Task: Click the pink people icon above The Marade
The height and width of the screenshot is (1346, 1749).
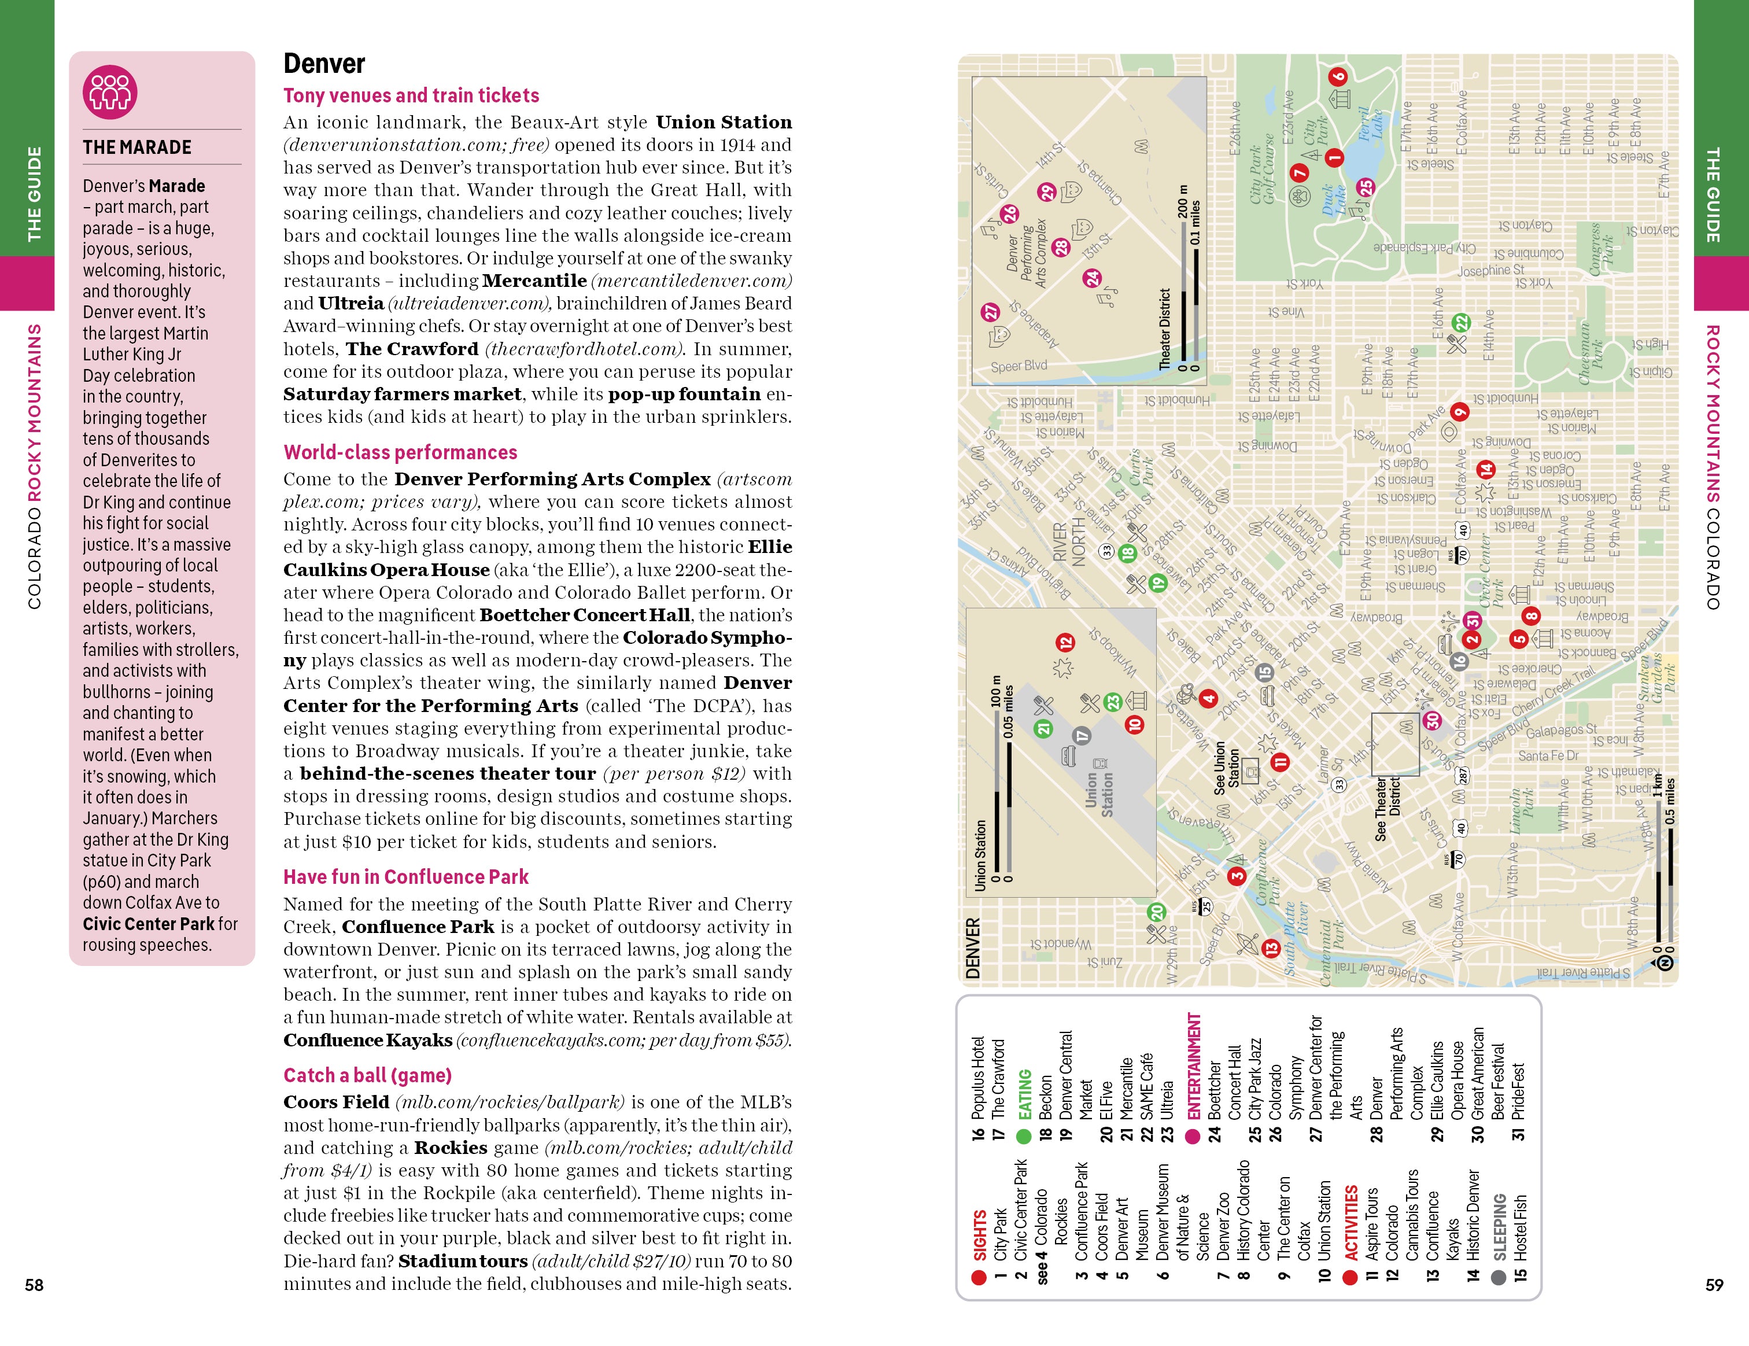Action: pyautogui.click(x=110, y=92)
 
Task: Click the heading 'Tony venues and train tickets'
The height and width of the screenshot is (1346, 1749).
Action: pyautogui.click(x=411, y=96)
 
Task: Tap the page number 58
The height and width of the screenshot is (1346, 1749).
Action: pyautogui.click(x=35, y=1284)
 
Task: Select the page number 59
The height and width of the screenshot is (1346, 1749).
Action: pyautogui.click(x=1714, y=1284)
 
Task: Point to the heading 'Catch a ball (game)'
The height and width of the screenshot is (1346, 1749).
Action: pyautogui.click(x=368, y=1075)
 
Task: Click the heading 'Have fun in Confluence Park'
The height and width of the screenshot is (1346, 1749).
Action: pyautogui.click(x=405, y=877)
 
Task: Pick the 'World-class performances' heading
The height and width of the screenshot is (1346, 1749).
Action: pyautogui.click(x=400, y=452)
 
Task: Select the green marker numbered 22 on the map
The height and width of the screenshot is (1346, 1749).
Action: pyautogui.click(x=1462, y=323)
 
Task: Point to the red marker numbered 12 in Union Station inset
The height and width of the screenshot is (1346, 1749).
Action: pyautogui.click(x=1064, y=642)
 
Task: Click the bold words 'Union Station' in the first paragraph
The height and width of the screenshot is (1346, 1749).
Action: pyautogui.click(x=723, y=123)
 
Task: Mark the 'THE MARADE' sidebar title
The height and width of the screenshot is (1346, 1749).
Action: pyautogui.click(x=137, y=147)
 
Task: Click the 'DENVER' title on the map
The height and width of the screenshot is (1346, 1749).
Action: pyautogui.click(x=973, y=949)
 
